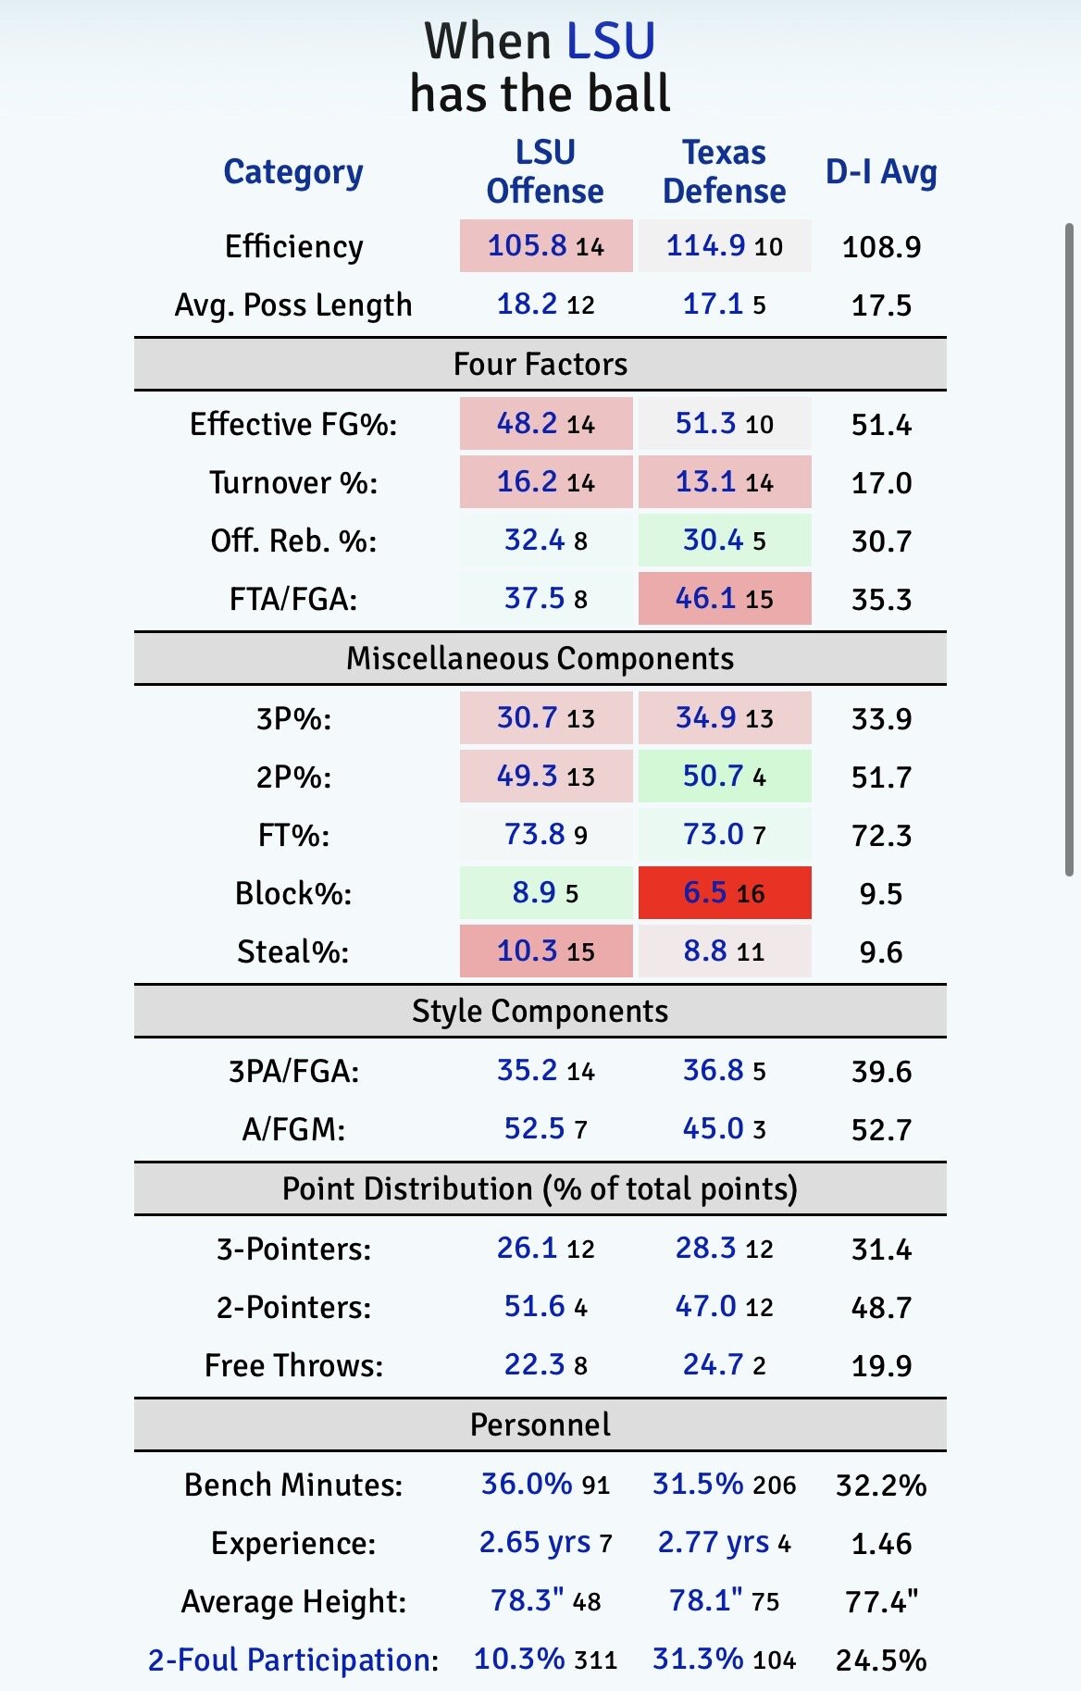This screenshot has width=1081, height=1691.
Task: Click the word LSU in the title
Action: click(610, 42)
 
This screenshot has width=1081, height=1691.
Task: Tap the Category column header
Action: click(293, 172)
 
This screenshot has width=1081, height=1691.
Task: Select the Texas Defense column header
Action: click(724, 171)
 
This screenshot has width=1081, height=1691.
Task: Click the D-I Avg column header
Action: click(881, 172)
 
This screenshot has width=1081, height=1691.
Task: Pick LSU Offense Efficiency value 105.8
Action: click(528, 245)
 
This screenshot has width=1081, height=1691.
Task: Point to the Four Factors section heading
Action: click(540, 365)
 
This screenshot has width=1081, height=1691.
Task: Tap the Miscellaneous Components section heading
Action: click(540, 659)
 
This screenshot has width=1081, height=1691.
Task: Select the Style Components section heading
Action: click(540, 1012)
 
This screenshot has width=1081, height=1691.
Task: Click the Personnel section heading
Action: click(540, 1424)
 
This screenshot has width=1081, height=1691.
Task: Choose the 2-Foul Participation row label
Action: click(292, 1660)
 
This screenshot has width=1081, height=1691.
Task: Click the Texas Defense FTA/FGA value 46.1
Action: click(705, 599)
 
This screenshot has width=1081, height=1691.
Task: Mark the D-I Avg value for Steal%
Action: click(880, 952)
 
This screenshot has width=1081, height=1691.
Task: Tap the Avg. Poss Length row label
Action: click(293, 305)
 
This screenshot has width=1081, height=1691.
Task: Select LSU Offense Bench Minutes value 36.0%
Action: click(527, 1484)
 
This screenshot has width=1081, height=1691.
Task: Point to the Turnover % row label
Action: click(293, 483)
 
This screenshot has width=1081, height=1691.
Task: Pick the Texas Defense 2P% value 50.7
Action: click(713, 777)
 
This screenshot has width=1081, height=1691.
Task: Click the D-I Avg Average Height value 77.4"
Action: click(881, 1601)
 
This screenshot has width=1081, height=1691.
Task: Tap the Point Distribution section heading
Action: click(540, 1189)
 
